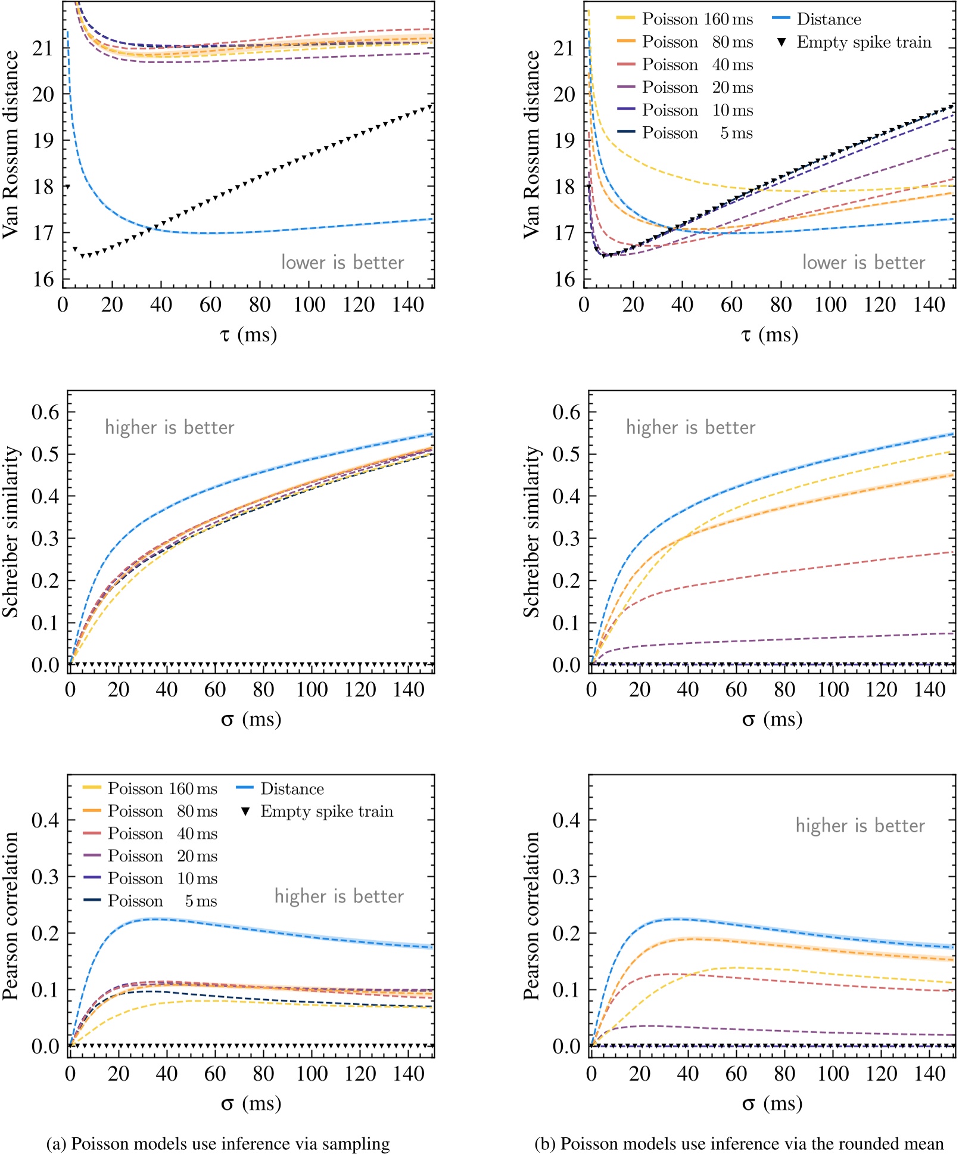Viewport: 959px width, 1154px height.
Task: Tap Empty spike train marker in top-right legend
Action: click(782, 42)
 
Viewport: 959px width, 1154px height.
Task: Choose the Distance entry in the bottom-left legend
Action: click(292, 789)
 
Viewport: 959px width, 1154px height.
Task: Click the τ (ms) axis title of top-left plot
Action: click(248, 335)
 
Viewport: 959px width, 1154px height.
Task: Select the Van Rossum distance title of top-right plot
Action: click(531, 145)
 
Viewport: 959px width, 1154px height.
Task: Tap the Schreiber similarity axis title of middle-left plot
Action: click(11, 532)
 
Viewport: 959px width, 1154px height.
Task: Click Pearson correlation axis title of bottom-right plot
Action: click(531, 916)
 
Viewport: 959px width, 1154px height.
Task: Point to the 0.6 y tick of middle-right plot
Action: click(566, 412)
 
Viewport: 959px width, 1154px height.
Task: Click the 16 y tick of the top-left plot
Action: click(43, 279)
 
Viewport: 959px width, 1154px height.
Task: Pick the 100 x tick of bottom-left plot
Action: click(312, 1074)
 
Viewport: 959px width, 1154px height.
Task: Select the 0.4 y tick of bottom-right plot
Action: click(566, 820)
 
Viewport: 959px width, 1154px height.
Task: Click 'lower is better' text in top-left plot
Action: click(342, 263)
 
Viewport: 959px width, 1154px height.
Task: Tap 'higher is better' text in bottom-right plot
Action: click(860, 825)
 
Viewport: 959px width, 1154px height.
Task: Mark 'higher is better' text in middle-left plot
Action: click(170, 427)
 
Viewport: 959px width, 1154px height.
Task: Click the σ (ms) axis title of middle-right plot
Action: click(772, 720)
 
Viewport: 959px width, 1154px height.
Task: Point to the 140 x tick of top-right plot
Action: click(929, 305)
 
